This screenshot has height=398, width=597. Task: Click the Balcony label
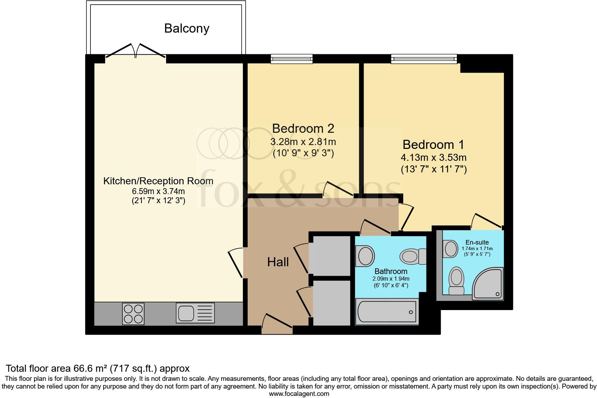click(187, 28)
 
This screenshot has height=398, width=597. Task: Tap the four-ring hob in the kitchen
click(133, 314)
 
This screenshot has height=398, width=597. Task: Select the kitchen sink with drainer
click(195, 313)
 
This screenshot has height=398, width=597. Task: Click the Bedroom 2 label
click(303, 129)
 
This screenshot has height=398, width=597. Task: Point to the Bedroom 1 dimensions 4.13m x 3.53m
click(433, 158)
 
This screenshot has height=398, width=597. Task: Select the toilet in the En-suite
click(457, 281)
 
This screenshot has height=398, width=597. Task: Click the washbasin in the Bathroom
click(365, 255)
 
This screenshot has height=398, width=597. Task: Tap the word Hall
click(278, 262)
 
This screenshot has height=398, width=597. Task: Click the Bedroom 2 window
click(291, 59)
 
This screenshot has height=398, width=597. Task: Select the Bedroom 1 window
click(424, 59)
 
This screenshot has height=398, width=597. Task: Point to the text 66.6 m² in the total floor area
click(90, 369)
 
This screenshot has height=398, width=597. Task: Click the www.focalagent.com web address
click(299, 393)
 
